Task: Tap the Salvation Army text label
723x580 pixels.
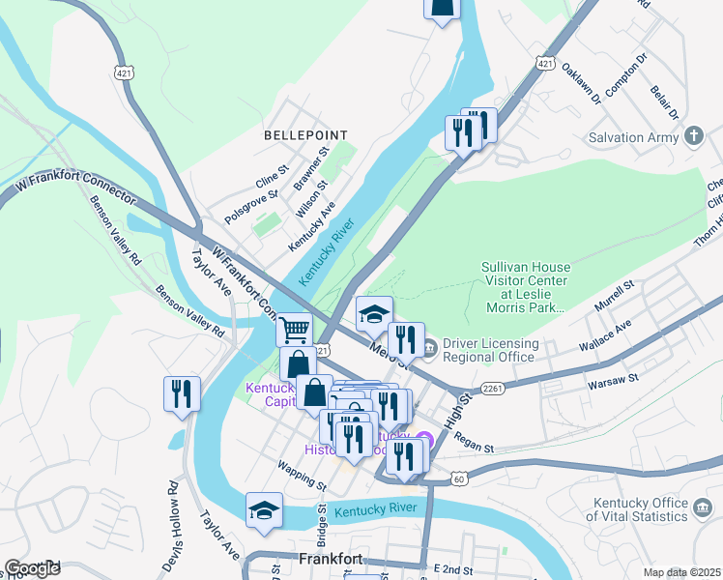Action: point(633,137)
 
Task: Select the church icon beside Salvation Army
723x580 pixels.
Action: point(693,136)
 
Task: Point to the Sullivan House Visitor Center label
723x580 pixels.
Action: point(527,287)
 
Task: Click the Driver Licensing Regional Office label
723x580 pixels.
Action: point(489,350)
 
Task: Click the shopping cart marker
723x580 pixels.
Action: point(295,330)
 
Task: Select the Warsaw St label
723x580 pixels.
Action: point(608,386)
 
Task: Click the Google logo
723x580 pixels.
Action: point(33,568)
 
